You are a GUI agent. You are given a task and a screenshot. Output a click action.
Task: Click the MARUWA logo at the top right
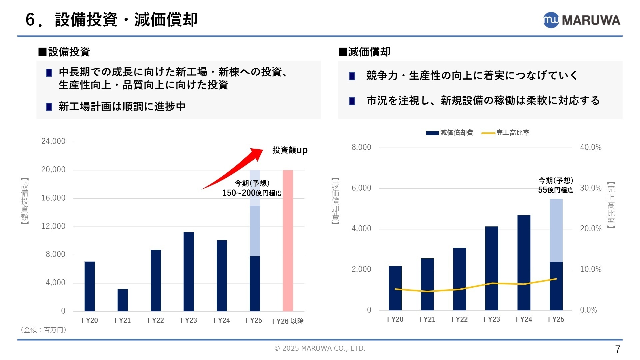(x=582, y=20)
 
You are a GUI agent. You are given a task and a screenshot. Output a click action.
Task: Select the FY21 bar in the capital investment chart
(x=123, y=300)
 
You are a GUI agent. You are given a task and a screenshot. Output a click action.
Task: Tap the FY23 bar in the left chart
(x=189, y=272)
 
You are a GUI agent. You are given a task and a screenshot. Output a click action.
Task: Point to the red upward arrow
(x=233, y=168)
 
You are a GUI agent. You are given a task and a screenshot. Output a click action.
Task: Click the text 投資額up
(x=290, y=150)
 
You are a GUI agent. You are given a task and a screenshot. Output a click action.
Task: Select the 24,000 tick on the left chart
(x=53, y=141)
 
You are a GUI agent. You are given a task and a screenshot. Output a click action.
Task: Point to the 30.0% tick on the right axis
(x=591, y=188)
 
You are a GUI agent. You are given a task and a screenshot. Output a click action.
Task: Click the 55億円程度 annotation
(x=556, y=190)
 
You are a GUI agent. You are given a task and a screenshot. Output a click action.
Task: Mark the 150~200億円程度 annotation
(x=252, y=193)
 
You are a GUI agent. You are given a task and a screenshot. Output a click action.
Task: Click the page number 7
(x=617, y=349)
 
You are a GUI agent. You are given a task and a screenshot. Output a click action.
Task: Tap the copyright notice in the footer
(x=320, y=348)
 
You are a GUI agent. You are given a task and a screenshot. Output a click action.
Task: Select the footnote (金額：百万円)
(x=43, y=330)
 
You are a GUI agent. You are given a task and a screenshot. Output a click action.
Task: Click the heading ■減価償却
(x=364, y=52)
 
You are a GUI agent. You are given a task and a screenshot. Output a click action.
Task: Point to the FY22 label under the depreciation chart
(x=459, y=319)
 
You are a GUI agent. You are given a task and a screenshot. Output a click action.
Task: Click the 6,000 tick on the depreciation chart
(x=361, y=188)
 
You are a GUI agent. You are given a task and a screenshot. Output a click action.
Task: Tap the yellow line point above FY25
(x=556, y=279)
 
